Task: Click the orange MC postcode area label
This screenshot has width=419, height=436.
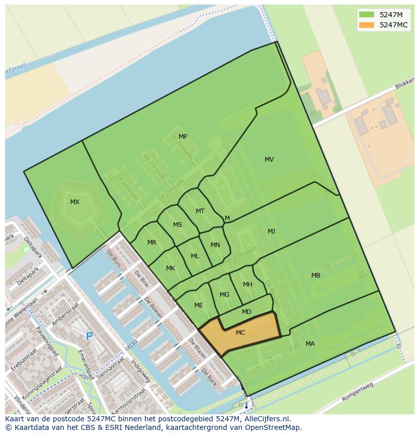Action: click(240, 333)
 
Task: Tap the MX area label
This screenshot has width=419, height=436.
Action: click(75, 202)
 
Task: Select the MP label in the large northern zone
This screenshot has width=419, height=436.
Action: click(183, 137)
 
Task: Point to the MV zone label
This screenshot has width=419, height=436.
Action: click(269, 160)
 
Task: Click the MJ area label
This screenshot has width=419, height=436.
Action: click(272, 231)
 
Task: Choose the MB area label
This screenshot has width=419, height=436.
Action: click(316, 275)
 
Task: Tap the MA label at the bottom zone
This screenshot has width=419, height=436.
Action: click(310, 344)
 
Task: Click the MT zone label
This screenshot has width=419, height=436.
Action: click(200, 211)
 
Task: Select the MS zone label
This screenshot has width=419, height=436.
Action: click(178, 225)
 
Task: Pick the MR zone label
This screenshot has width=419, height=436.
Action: click(152, 243)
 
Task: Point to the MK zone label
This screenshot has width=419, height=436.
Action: click(171, 268)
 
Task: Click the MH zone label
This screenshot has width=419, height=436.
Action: click(247, 285)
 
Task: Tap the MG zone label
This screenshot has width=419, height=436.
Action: click(225, 295)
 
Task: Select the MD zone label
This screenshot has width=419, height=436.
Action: click(246, 312)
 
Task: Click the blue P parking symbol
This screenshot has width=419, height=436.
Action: click(90, 336)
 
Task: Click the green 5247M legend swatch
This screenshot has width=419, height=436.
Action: click(367, 15)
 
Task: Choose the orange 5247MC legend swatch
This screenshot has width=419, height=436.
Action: click(367, 25)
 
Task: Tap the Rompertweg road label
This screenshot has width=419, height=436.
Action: click(357, 392)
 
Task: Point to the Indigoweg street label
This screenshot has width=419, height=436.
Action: click(141, 371)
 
